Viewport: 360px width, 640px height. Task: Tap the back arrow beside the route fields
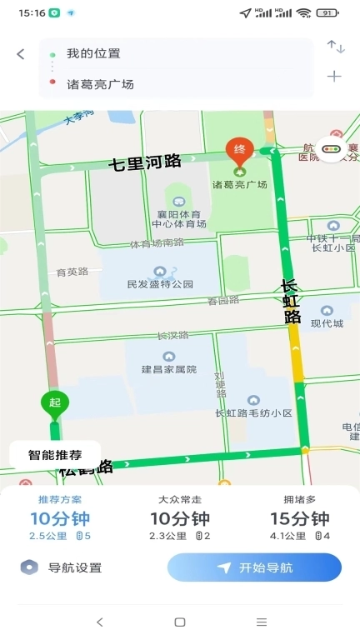click(x=21, y=54)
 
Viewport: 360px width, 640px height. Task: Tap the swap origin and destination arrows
click(x=335, y=47)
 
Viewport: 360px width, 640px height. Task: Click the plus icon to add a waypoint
click(x=334, y=76)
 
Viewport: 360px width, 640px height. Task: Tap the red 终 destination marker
click(x=240, y=150)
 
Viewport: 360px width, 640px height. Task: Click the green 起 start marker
click(x=55, y=404)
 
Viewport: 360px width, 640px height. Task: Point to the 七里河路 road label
click(x=145, y=162)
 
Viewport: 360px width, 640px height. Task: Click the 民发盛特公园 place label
click(x=160, y=283)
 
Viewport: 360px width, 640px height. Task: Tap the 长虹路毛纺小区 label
click(x=253, y=412)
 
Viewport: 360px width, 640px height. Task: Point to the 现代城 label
click(x=326, y=322)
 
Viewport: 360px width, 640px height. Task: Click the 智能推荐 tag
click(x=55, y=455)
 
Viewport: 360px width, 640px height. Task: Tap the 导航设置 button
click(x=62, y=567)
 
